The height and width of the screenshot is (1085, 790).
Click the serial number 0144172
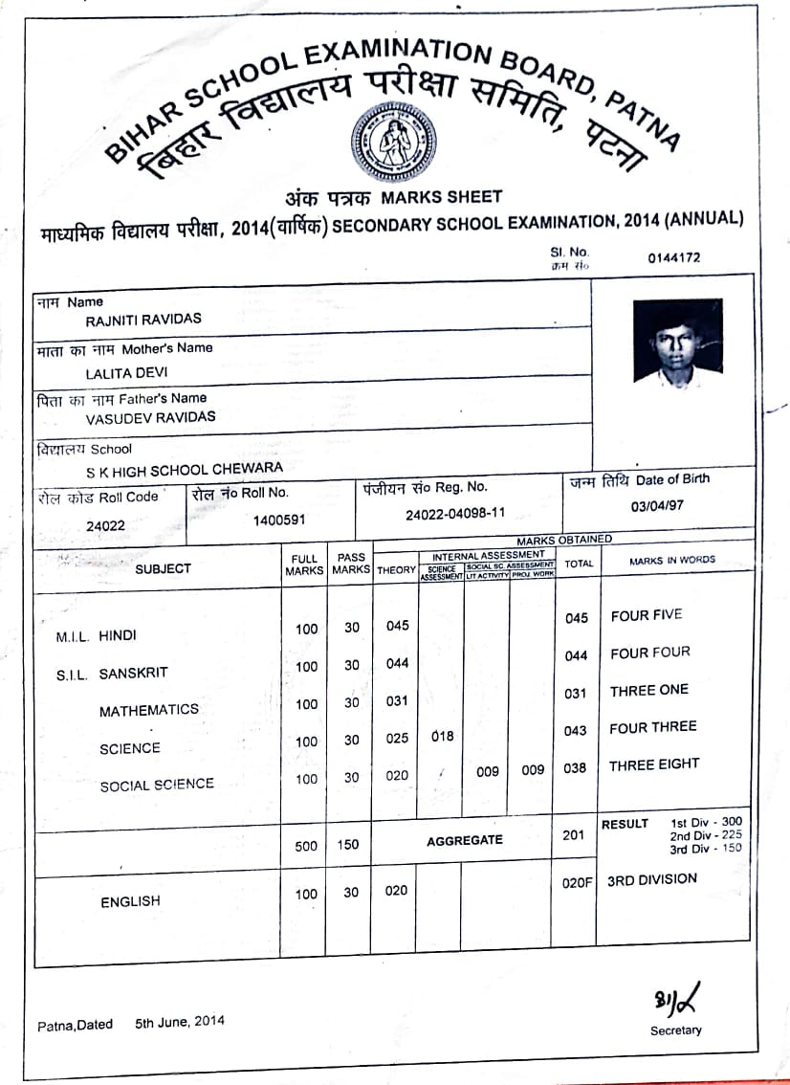click(x=673, y=257)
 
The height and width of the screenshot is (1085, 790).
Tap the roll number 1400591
click(x=279, y=521)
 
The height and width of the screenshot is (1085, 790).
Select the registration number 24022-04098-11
click(x=455, y=513)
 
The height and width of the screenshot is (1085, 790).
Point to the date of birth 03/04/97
click(x=657, y=505)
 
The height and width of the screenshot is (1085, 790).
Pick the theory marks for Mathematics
click(x=397, y=701)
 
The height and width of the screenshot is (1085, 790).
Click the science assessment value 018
click(x=442, y=737)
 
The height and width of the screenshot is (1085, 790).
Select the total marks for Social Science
click(x=575, y=767)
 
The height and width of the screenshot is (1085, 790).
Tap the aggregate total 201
click(x=573, y=835)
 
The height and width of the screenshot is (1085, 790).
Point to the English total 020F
click(x=577, y=884)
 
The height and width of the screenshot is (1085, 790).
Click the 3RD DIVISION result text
click(x=652, y=879)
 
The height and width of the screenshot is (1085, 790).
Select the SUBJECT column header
click(x=163, y=568)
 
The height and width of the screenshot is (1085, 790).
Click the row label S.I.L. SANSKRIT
click(x=112, y=674)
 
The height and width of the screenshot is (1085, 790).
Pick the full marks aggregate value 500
click(x=306, y=845)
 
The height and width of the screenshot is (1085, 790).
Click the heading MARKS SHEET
click(x=441, y=197)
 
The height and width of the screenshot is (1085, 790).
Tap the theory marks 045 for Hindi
click(x=397, y=626)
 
